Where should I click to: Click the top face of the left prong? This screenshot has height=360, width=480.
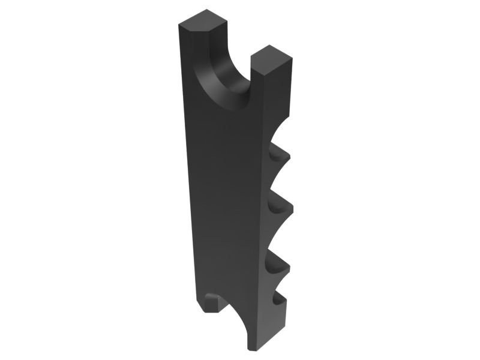tap(204, 21)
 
